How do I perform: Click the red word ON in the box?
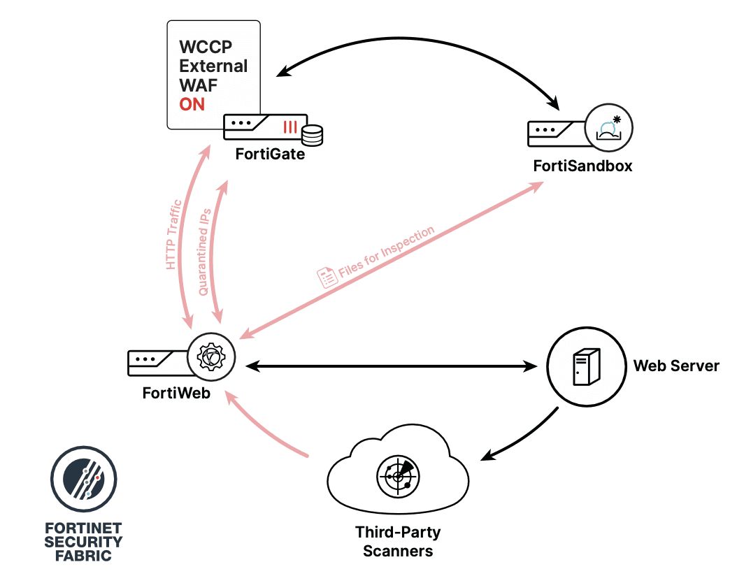click(192, 105)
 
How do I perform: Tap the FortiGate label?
click(270, 154)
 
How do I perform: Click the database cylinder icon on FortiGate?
click(313, 135)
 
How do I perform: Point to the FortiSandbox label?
click(582, 166)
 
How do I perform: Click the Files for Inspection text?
click(386, 254)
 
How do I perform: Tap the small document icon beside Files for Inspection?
click(327, 277)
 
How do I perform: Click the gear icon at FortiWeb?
click(211, 357)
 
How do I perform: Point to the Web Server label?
click(675, 366)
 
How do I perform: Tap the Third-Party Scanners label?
click(398, 542)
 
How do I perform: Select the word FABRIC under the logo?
click(85, 556)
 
